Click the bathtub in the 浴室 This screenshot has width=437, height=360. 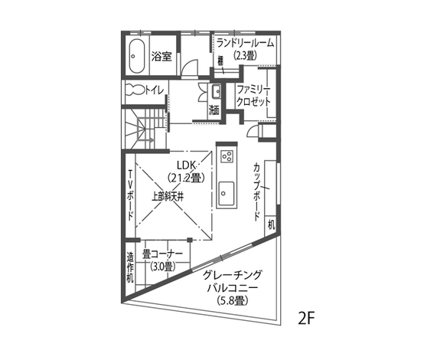point(137,56)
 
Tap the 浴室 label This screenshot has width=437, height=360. point(161,56)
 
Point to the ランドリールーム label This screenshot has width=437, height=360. point(245,42)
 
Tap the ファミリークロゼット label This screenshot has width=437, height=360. point(253,94)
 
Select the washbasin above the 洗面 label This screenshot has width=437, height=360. point(214,93)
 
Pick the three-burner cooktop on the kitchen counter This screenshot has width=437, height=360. point(227,156)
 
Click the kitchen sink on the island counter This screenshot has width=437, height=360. point(227,190)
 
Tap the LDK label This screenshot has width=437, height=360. point(187,165)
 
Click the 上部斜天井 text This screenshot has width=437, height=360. point(166,196)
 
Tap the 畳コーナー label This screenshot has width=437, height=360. point(162,254)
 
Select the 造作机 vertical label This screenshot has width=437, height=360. point(131,267)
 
